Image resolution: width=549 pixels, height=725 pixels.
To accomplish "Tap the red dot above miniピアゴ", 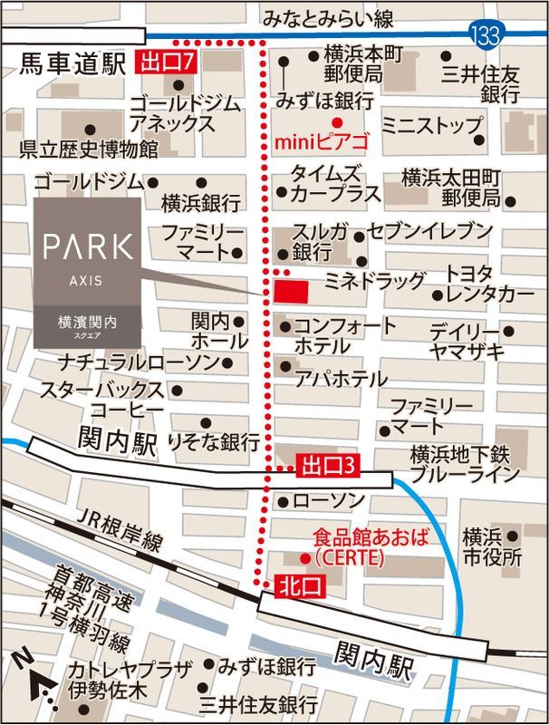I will pyautogui.click(x=336, y=122).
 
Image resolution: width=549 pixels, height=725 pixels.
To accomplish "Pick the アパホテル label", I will pyautogui.click(x=340, y=378).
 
